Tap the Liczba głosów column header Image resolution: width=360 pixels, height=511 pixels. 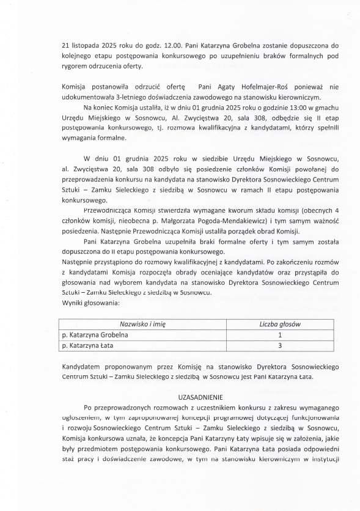tap(279, 324)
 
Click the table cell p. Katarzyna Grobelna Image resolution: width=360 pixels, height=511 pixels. tap(95, 335)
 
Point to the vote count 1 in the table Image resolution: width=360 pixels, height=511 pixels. tap(279, 335)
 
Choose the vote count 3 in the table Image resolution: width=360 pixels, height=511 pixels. tap(279, 346)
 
